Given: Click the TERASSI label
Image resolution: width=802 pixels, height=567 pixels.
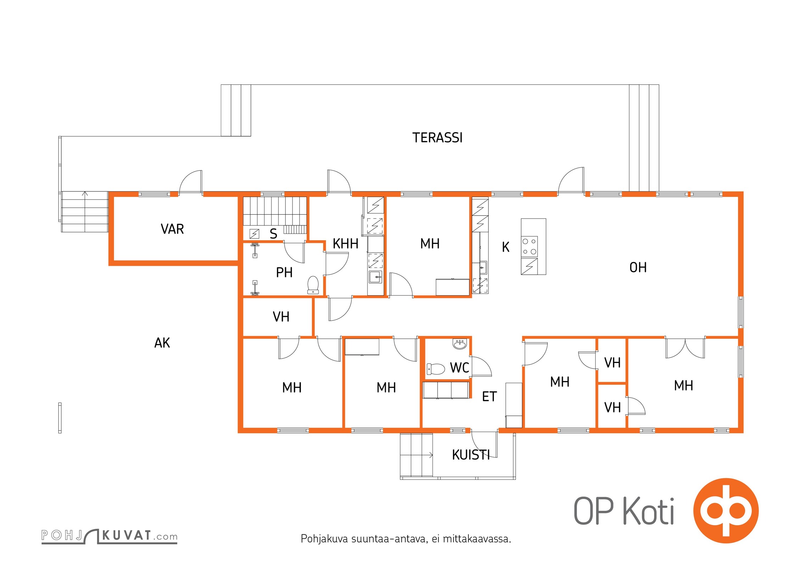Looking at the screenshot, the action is tap(437, 137).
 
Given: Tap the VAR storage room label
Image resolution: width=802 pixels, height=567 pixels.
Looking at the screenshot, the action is tap(172, 229).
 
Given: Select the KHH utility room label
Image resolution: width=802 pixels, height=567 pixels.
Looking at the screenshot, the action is tap(345, 244).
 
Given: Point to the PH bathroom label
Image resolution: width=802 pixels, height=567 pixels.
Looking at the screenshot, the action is tap(284, 273).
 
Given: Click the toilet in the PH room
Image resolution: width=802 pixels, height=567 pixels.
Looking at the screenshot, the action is tap(313, 285).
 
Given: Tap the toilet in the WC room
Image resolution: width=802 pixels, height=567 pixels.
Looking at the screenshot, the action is tap(436, 369).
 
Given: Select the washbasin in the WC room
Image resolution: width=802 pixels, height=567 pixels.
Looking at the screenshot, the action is tap(460, 344).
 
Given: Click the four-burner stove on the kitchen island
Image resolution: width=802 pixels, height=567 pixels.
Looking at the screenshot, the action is tap(529, 247).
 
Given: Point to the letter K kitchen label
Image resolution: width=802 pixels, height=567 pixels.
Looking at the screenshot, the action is tap(506, 247).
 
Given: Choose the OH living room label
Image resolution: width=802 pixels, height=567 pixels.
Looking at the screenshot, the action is tap(638, 268).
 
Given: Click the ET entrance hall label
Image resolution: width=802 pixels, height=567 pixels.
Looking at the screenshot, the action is tap(489, 397).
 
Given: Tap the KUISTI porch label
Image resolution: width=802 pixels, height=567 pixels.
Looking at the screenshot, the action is tap(471, 455).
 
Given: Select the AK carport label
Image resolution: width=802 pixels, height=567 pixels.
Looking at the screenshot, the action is tap(162, 343).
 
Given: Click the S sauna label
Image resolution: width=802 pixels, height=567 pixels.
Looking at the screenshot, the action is tap(273, 234).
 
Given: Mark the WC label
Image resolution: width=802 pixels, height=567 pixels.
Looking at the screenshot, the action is tap(460, 368).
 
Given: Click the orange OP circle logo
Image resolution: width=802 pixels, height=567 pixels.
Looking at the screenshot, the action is tap(726, 511).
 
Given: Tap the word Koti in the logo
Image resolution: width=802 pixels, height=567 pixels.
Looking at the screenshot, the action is tap(648, 511).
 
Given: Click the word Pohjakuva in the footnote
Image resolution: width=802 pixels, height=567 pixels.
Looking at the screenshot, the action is tap(324, 539).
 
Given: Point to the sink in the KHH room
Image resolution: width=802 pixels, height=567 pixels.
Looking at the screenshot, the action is tap(375, 277).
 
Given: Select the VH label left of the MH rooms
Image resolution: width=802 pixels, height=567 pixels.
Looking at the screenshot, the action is tap(281, 317).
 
